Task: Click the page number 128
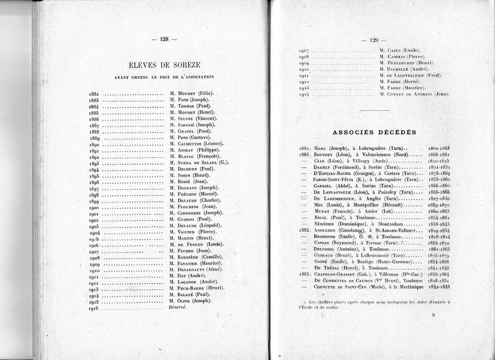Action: coord(164,39)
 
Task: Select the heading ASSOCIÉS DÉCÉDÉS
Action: coord(375,132)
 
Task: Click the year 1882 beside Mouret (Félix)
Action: coord(93,94)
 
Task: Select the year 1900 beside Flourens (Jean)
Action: coord(93,207)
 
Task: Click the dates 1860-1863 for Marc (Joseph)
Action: coord(438,148)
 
